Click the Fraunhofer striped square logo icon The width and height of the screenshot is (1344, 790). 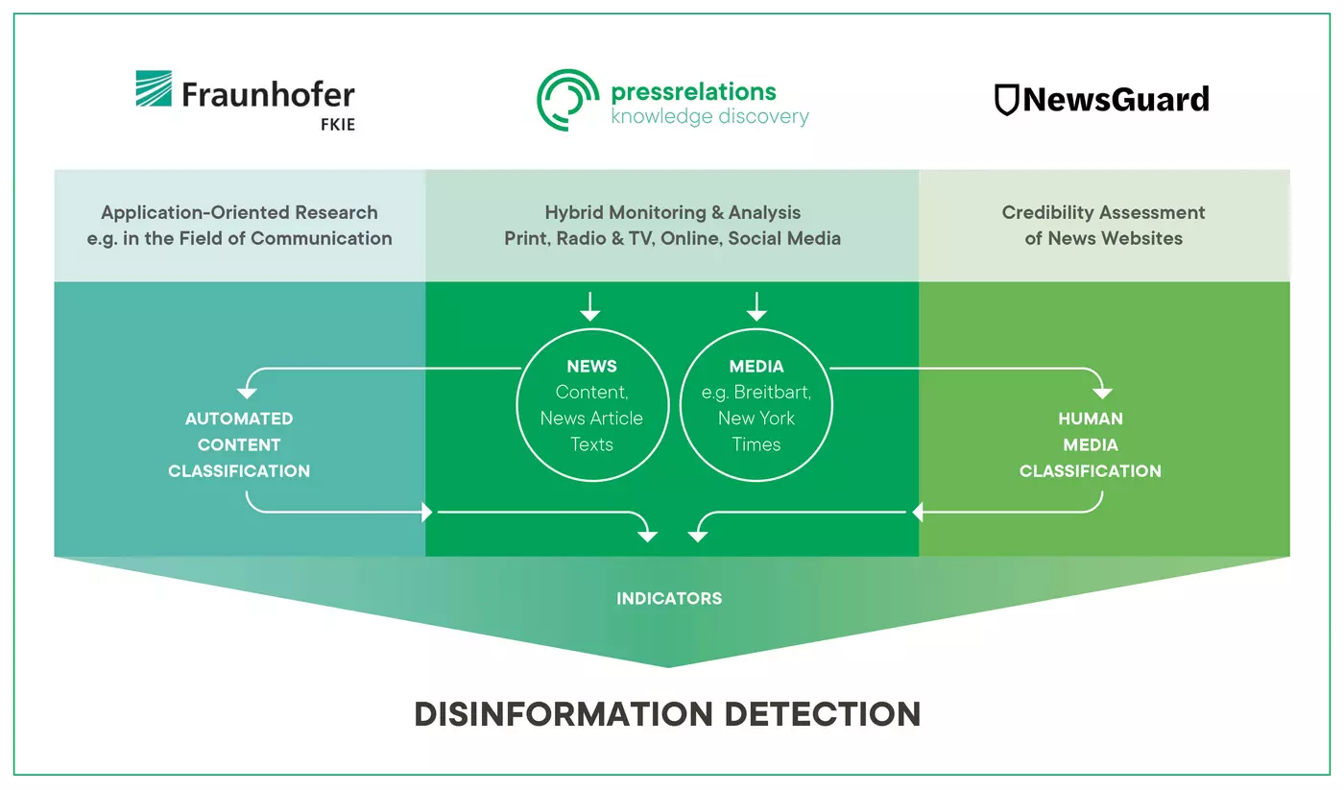pos(154,88)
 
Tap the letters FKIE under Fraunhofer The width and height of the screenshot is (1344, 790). pos(338,124)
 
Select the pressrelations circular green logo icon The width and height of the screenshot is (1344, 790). pos(567,100)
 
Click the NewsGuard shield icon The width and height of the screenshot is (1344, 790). pos(1007,100)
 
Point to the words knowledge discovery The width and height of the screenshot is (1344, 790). pos(709,116)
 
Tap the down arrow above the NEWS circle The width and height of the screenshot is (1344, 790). pos(590,306)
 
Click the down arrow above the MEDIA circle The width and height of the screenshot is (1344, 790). pos(756,306)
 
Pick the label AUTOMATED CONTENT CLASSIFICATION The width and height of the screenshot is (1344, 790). pos(239,444)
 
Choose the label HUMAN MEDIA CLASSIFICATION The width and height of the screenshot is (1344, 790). pos(1091,444)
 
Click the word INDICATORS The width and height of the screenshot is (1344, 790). pos(669,598)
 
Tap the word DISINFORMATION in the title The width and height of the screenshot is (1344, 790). pos(564,714)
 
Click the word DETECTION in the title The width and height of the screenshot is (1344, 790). pos(823,714)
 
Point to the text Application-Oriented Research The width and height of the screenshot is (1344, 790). pos(239,212)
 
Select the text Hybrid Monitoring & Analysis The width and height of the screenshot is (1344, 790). pos(673,212)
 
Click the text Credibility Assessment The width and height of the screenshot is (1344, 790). pos(1103,212)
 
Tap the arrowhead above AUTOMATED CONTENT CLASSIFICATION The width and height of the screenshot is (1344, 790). pos(248,394)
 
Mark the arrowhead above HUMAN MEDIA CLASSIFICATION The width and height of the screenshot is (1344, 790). pos(1102,394)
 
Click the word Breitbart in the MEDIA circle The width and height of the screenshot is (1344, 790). pos(772,392)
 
